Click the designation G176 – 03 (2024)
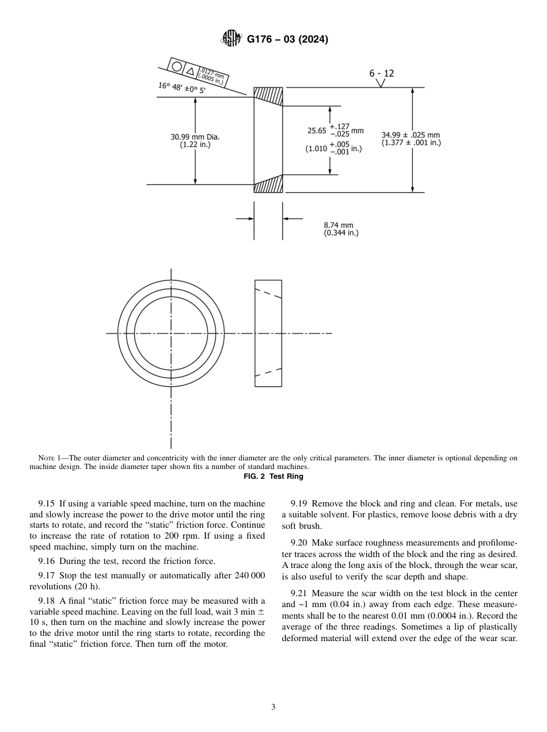[x=287, y=40]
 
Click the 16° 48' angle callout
[x=182, y=88]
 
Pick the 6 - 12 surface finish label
[x=382, y=74]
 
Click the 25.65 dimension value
[x=317, y=131]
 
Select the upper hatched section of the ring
[x=268, y=96]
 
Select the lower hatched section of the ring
[x=268, y=184]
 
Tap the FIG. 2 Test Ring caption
[x=273, y=476]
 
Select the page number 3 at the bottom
[x=273, y=707]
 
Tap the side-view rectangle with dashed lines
[x=268, y=333]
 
